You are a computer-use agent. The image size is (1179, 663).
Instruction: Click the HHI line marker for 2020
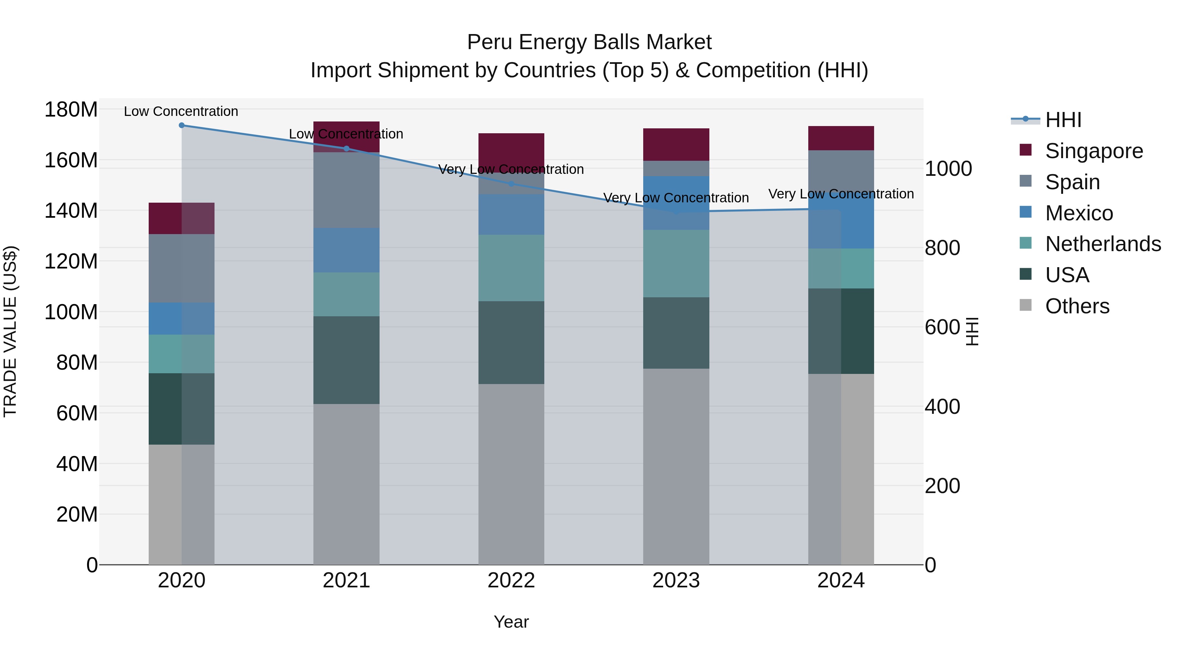click(182, 125)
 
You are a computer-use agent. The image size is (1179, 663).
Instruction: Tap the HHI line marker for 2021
click(346, 148)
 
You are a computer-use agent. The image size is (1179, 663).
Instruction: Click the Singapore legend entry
click(1094, 151)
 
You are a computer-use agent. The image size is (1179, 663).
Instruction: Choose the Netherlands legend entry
click(1103, 244)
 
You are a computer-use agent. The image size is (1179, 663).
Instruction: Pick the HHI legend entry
click(1063, 120)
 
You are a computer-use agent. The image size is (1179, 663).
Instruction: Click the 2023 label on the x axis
click(676, 580)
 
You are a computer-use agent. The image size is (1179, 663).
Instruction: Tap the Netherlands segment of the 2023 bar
click(676, 264)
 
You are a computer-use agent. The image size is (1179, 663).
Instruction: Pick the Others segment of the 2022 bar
click(511, 474)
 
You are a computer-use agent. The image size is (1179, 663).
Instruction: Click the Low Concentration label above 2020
click(181, 111)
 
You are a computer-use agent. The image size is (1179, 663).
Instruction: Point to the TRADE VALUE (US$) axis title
click(10, 331)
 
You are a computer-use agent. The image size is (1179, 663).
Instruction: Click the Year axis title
click(511, 622)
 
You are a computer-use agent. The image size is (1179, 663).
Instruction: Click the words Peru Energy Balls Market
click(589, 42)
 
